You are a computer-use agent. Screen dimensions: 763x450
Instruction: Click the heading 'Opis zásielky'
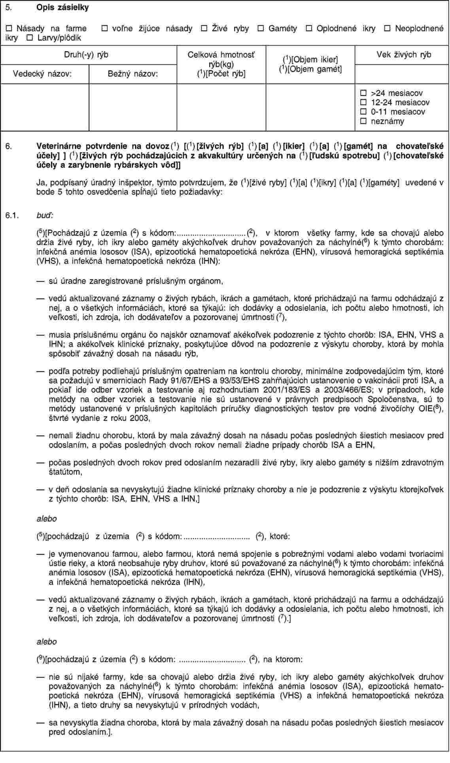tap(62, 8)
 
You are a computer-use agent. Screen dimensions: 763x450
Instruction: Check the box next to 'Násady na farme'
tap(9, 28)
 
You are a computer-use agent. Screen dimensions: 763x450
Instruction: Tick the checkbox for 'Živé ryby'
tap(204, 28)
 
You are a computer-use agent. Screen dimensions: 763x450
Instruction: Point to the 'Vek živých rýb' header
tap(403, 55)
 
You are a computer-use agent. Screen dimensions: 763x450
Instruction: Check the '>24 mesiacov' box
tap(363, 93)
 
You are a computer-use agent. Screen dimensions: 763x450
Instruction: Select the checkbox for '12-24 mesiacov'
tap(363, 102)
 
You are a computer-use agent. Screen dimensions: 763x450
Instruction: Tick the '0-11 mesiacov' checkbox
tap(363, 112)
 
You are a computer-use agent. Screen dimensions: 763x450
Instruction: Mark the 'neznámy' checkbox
tap(363, 121)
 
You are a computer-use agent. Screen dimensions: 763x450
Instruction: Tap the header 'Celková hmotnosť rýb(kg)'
tap(221, 59)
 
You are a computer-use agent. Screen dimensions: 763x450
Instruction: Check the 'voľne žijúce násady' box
tap(104, 28)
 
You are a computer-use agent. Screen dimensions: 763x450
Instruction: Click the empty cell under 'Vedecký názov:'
tap(45, 107)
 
